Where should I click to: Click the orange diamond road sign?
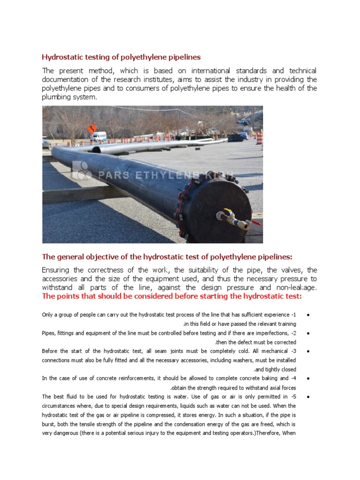[x=92, y=128]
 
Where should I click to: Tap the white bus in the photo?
[x=99, y=136]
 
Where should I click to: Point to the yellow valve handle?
[x=228, y=211]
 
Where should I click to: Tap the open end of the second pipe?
[x=96, y=150]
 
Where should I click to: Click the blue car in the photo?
[x=244, y=136]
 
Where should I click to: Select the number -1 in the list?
[x=293, y=315]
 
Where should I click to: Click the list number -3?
[x=293, y=351]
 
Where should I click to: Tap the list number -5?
[x=293, y=397]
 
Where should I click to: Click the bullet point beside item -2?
[x=307, y=333]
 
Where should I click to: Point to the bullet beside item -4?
[x=307, y=379]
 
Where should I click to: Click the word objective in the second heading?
[x=108, y=256]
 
